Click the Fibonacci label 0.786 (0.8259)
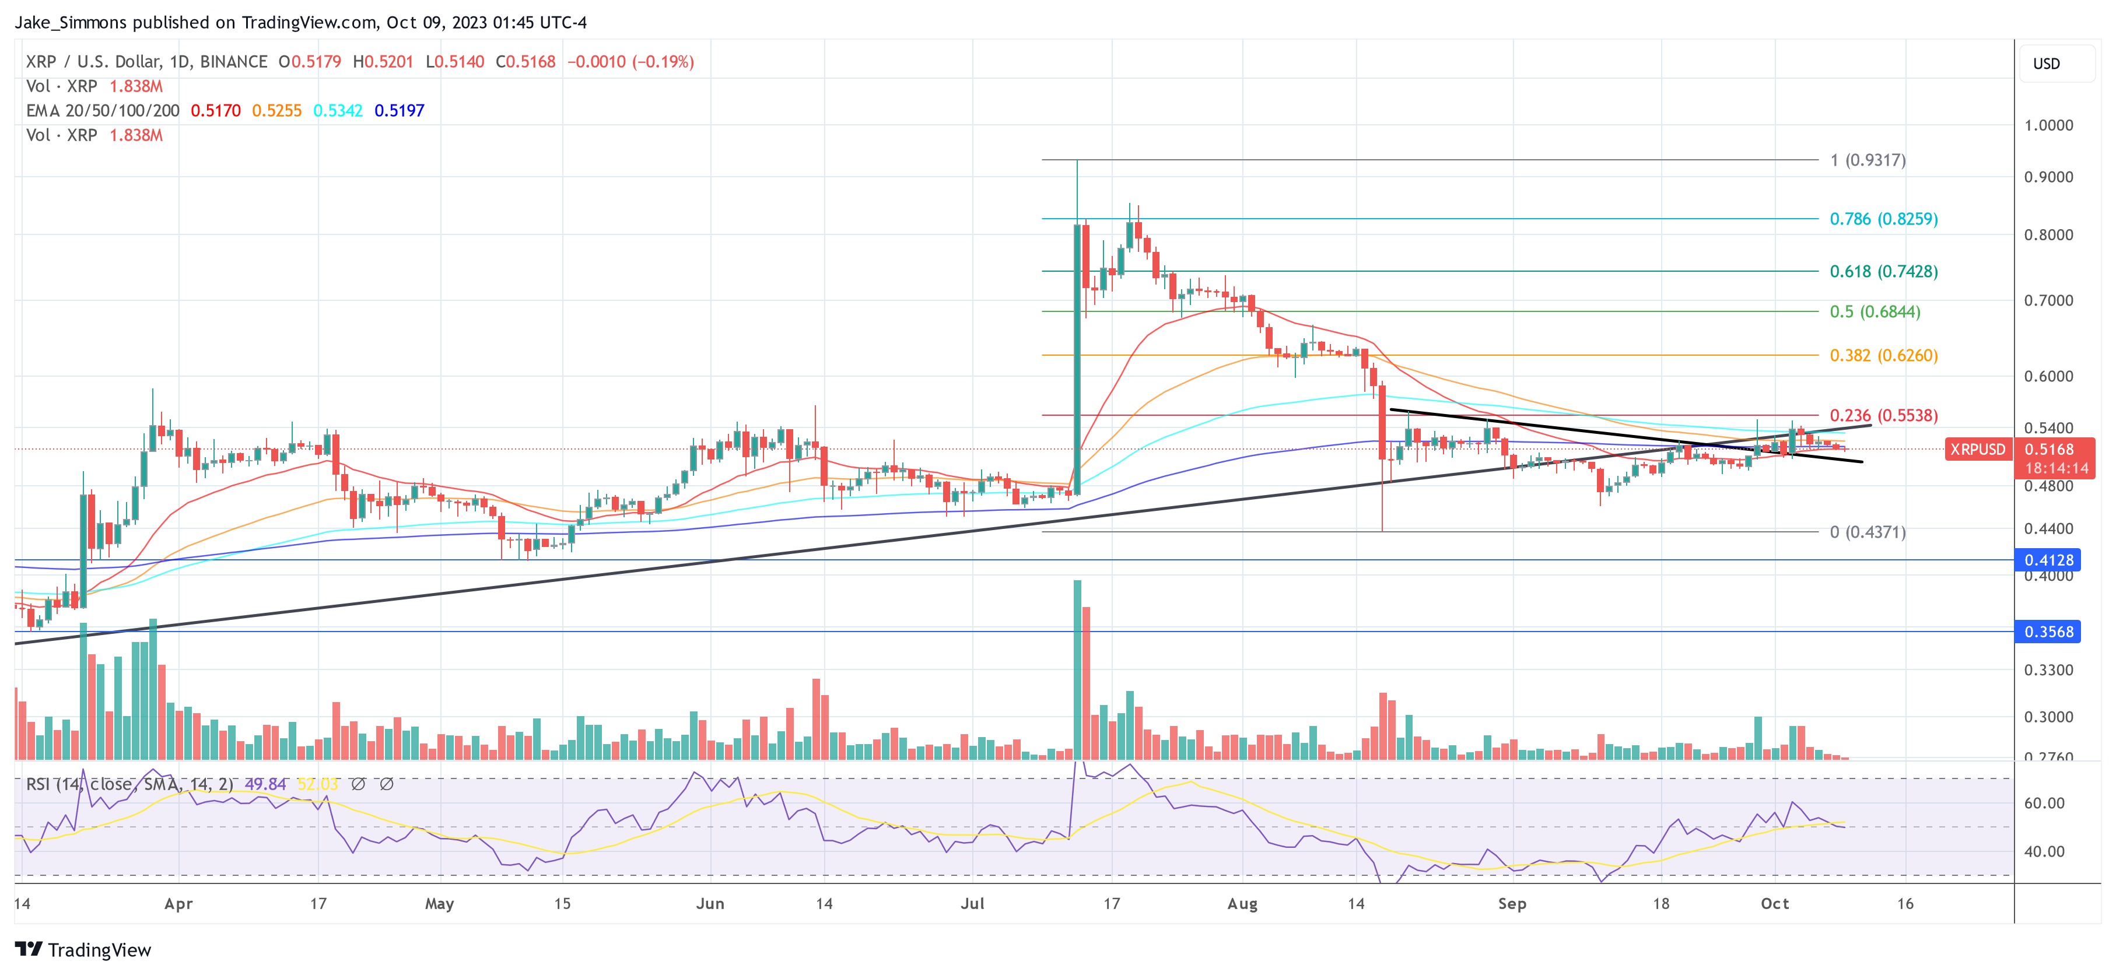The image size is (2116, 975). (1883, 219)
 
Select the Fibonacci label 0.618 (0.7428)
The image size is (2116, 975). (1883, 271)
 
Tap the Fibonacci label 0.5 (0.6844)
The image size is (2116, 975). (1875, 311)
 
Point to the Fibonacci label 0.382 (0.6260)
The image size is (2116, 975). (1883, 355)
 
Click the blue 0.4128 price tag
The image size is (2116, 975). (2048, 560)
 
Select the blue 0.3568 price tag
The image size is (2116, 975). (2048, 632)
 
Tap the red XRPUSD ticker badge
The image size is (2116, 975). (1977, 450)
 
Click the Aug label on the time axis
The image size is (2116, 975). (1241, 903)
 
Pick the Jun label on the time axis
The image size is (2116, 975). (710, 903)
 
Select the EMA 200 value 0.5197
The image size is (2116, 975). (399, 110)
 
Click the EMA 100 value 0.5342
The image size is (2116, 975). (338, 110)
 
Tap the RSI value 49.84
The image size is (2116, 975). (265, 784)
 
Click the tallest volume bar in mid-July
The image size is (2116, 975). (1077, 669)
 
